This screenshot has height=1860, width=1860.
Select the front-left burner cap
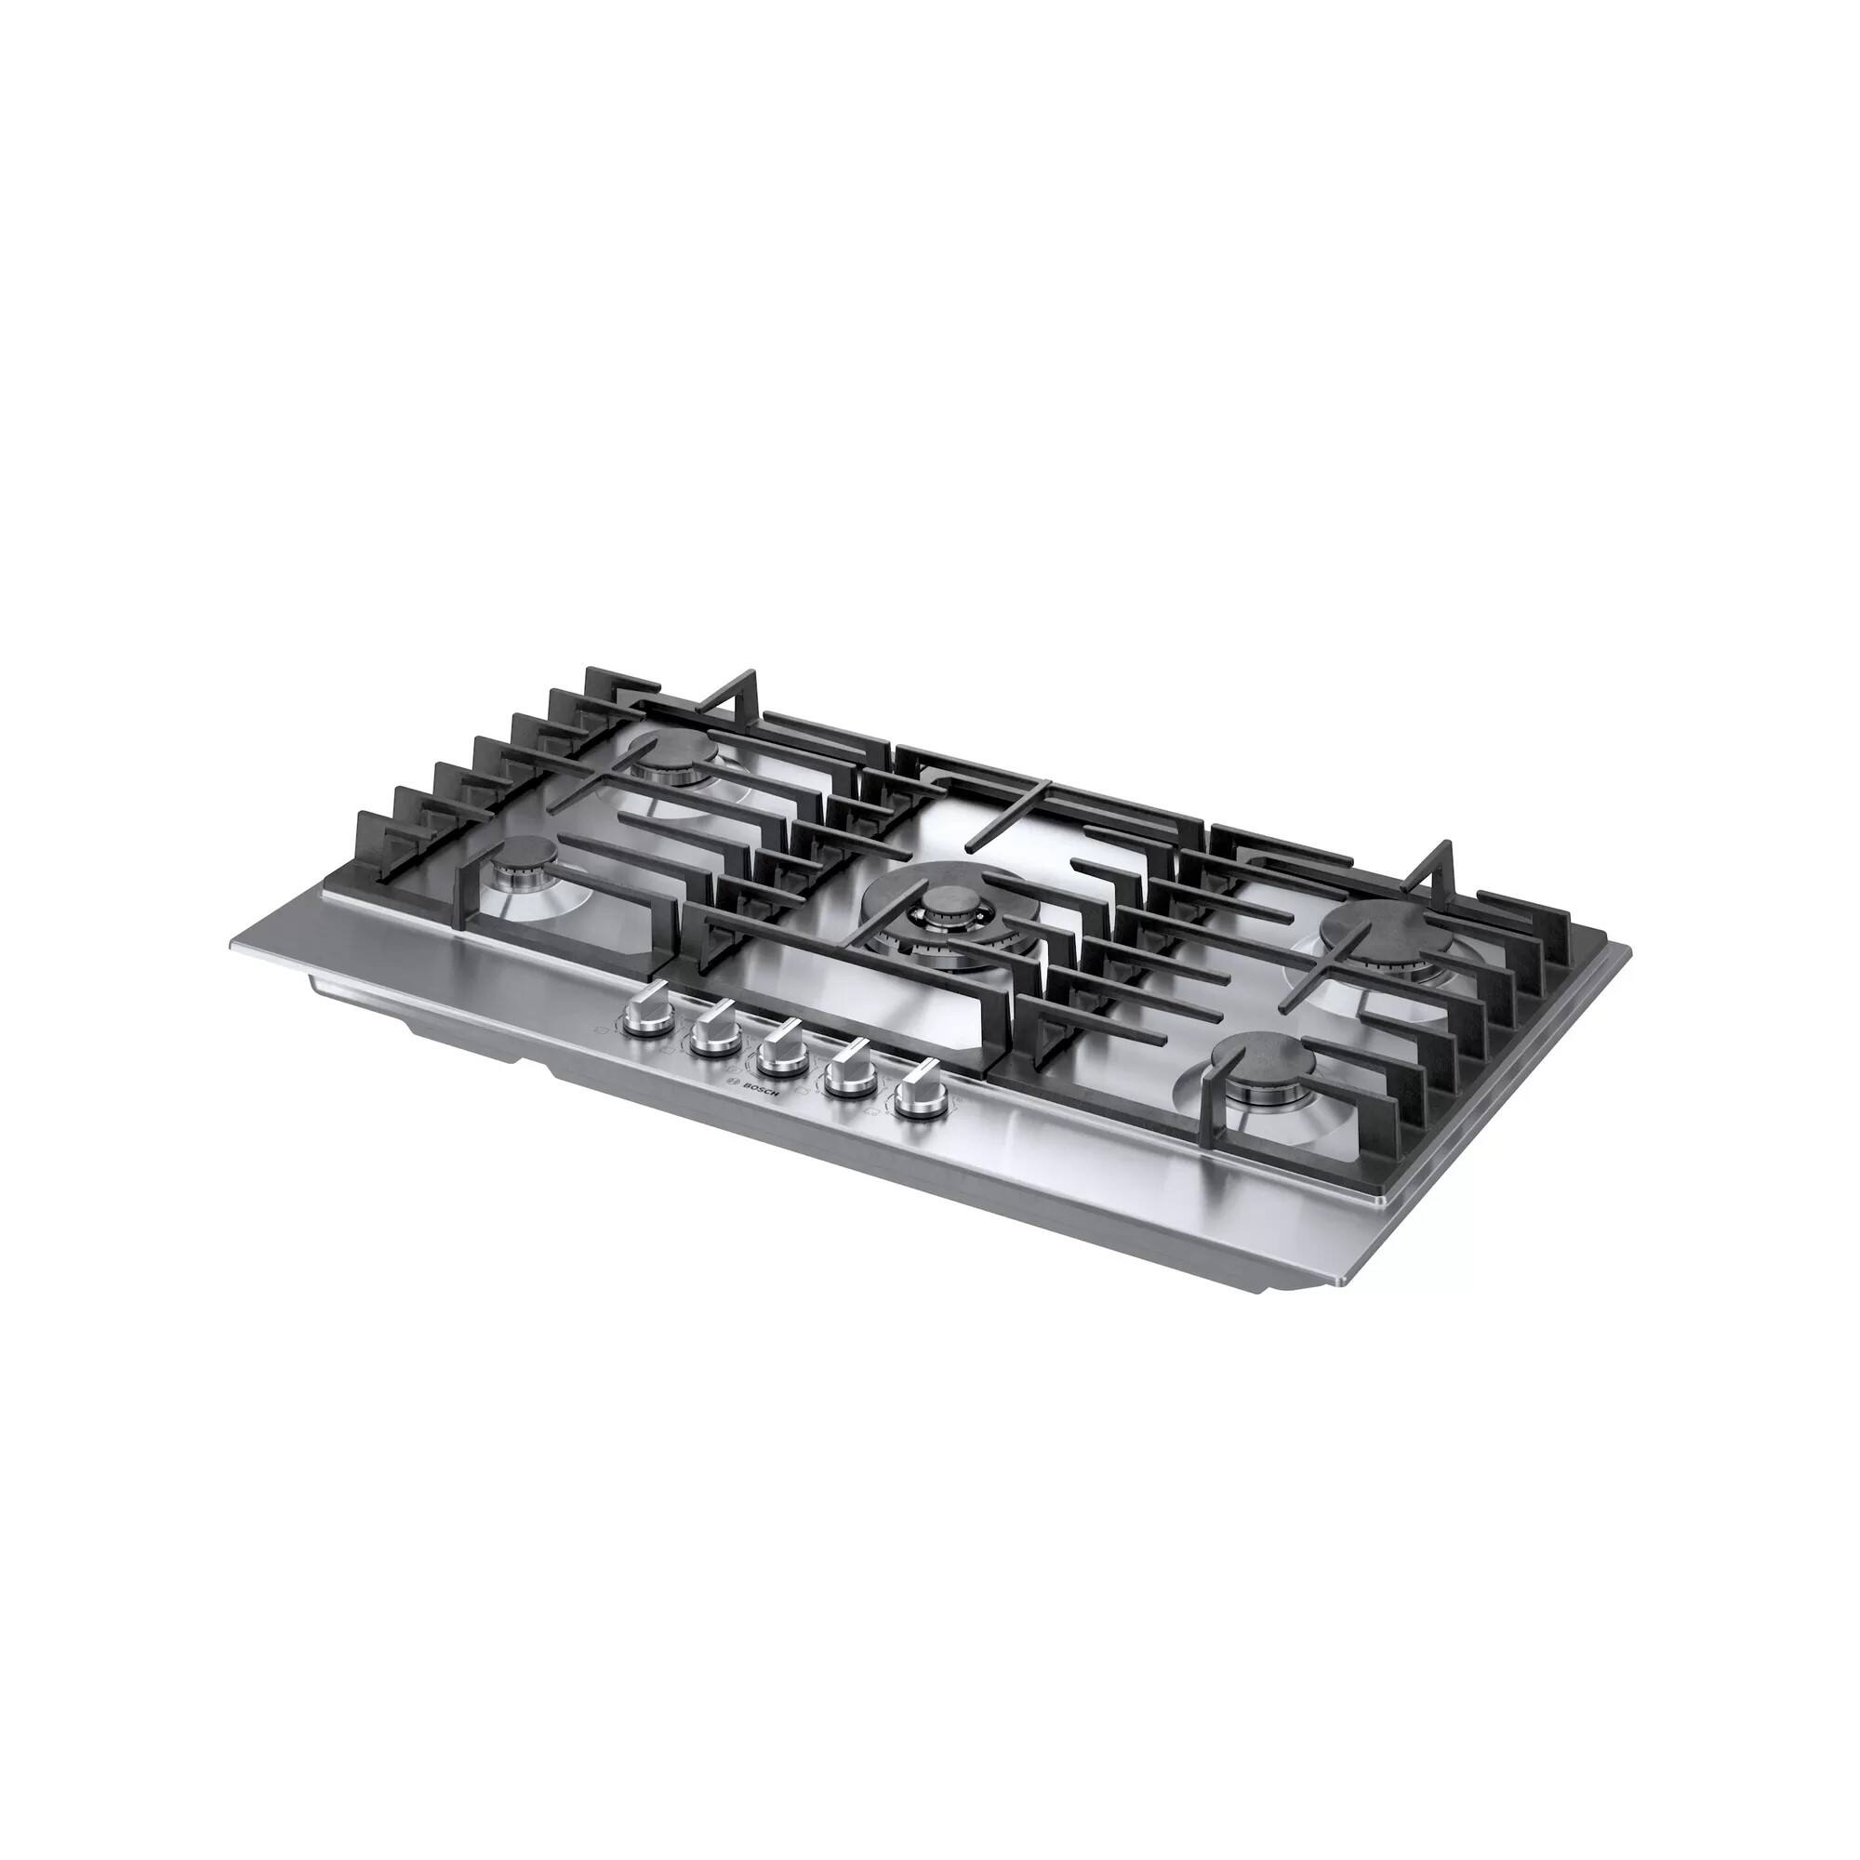pos(525,854)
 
